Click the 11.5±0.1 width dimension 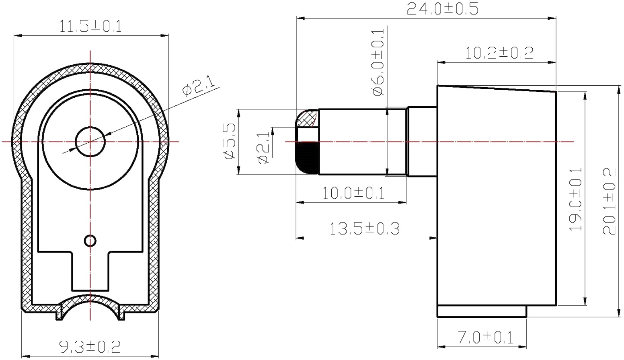pyautogui.click(x=90, y=27)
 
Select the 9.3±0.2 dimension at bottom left pyautogui.click(x=90, y=346)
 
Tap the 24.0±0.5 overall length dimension pyautogui.click(x=442, y=8)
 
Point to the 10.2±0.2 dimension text pyautogui.click(x=499, y=53)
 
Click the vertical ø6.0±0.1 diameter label pyautogui.click(x=378, y=62)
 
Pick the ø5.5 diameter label pyautogui.click(x=230, y=142)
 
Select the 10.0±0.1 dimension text pyautogui.click(x=353, y=193)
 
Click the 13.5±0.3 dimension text pyautogui.click(x=364, y=229)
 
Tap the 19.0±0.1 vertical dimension pyautogui.click(x=576, y=199)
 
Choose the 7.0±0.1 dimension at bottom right pyautogui.click(x=485, y=337)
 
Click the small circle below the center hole pyautogui.click(x=90, y=241)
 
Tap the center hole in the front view pyautogui.click(x=90, y=142)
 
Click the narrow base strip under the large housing pyautogui.click(x=482, y=311)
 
